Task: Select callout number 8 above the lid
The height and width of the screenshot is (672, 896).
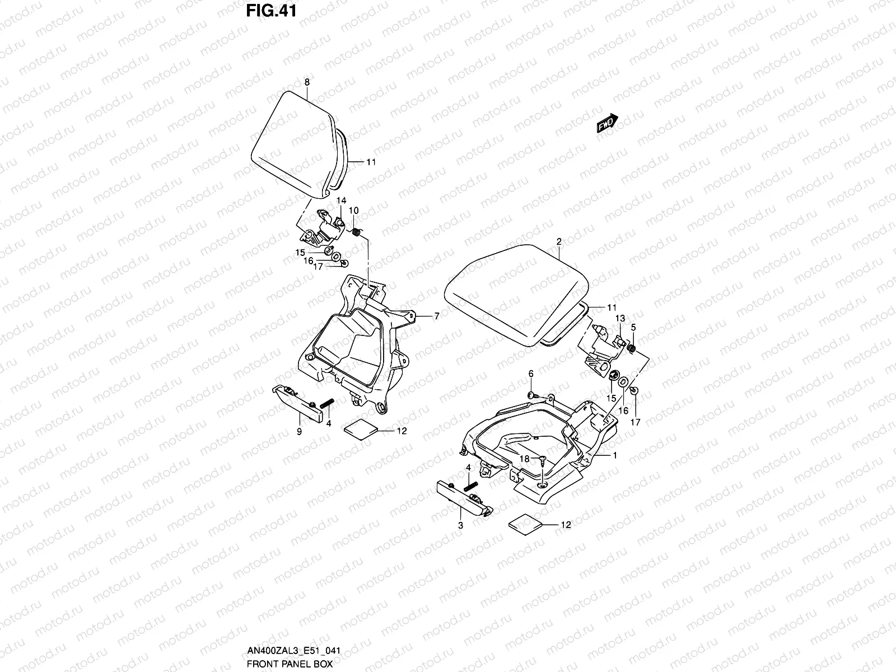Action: tap(306, 82)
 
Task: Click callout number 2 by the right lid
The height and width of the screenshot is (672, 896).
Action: tap(558, 241)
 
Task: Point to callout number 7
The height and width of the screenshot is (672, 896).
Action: tap(436, 316)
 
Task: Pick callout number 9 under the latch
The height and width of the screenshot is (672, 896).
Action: tap(298, 431)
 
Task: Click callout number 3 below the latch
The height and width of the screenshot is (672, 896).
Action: tap(460, 525)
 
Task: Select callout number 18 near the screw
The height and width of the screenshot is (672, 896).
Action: tap(524, 458)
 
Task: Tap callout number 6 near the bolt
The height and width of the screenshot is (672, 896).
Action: tap(531, 374)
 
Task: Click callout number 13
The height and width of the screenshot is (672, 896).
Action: tap(619, 318)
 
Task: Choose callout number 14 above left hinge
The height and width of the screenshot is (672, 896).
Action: tap(341, 200)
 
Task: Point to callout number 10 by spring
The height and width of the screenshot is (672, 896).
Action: tap(353, 210)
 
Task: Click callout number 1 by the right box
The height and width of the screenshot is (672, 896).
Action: tap(615, 455)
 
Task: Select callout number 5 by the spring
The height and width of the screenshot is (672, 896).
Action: tap(633, 326)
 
